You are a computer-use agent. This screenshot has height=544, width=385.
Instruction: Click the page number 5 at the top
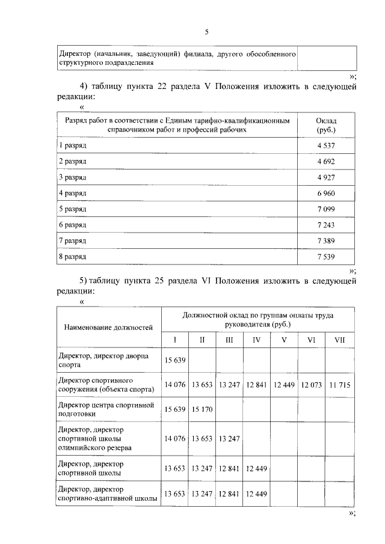(206, 32)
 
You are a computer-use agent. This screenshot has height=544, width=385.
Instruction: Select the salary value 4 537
(325, 146)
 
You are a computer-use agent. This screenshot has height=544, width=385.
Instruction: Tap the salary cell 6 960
(325, 193)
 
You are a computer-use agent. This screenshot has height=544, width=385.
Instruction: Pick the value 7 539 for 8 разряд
(325, 256)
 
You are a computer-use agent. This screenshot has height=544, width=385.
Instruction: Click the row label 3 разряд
(72, 177)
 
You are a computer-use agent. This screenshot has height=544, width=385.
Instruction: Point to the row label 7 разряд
(72, 240)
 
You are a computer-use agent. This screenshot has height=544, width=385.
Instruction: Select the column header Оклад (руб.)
(325, 125)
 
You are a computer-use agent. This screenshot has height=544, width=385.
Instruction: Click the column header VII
(339, 340)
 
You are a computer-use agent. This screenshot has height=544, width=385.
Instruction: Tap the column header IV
(257, 340)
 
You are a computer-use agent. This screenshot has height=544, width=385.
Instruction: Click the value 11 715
(339, 385)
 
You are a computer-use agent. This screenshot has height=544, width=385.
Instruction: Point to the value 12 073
(312, 385)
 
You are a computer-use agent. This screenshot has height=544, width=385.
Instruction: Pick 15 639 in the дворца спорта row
(175, 360)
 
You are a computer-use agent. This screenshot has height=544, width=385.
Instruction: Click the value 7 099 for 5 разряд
(325, 209)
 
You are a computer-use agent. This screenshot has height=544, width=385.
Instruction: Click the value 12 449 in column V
(284, 385)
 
